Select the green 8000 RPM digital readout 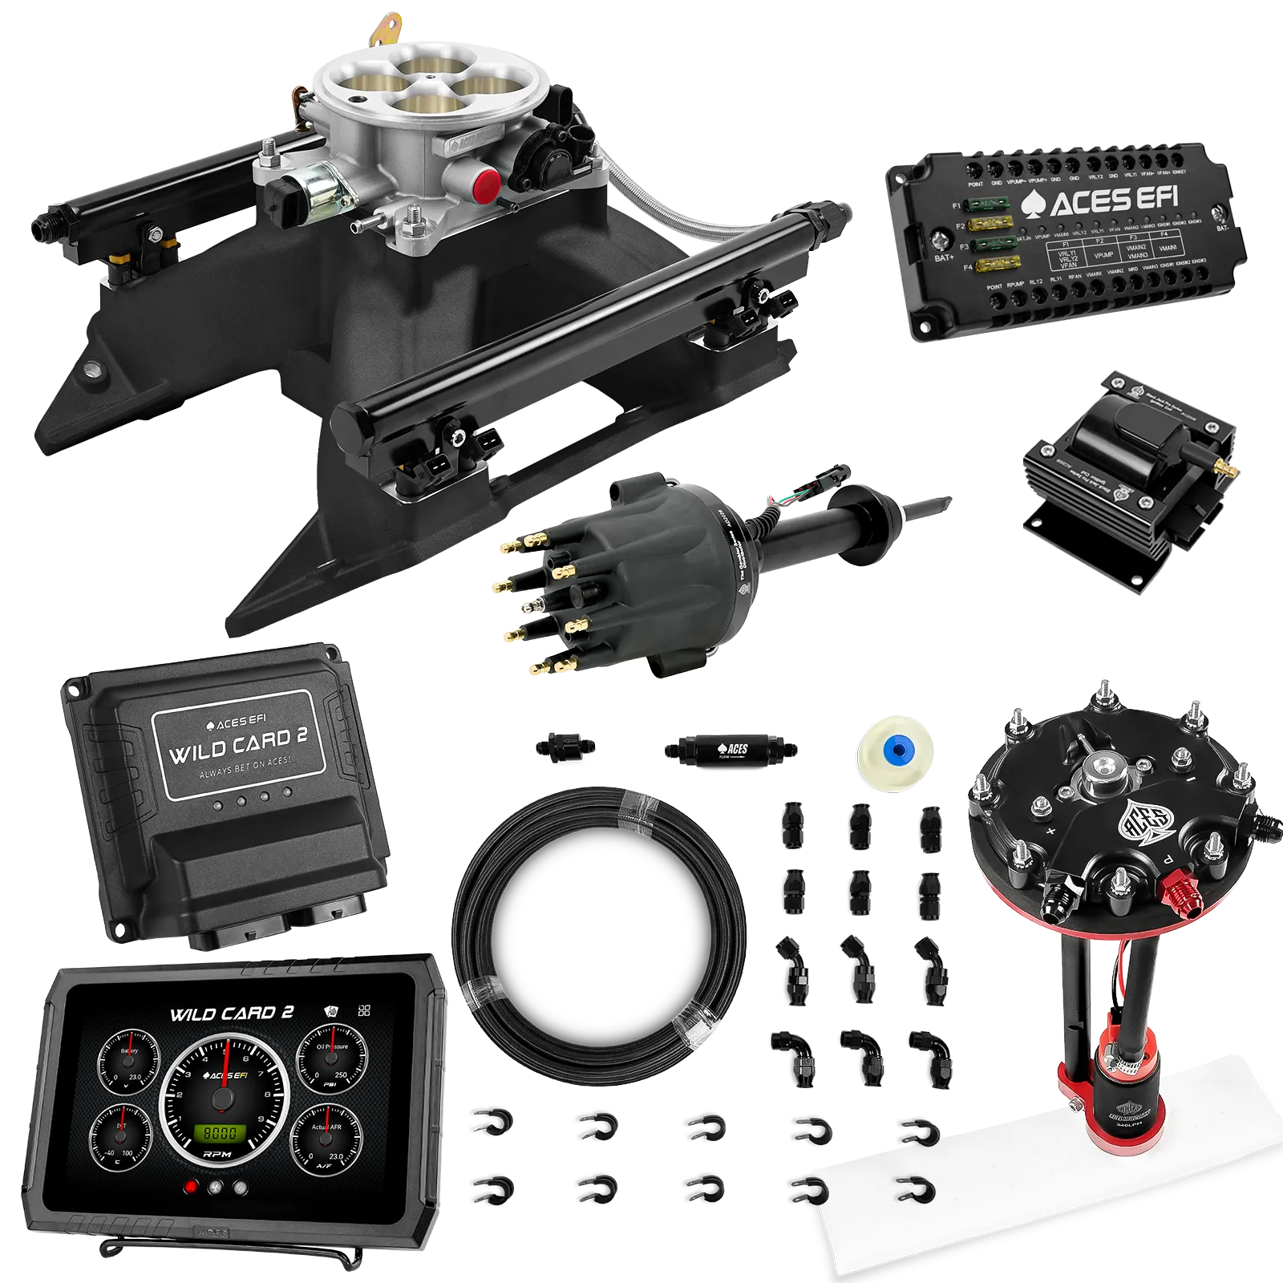[220, 1133]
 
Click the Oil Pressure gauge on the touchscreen [332, 1059]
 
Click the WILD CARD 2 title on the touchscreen [231, 1014]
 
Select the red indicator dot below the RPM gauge [191, 1188]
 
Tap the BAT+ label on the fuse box [943, 258]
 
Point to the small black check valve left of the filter [565, 746]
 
